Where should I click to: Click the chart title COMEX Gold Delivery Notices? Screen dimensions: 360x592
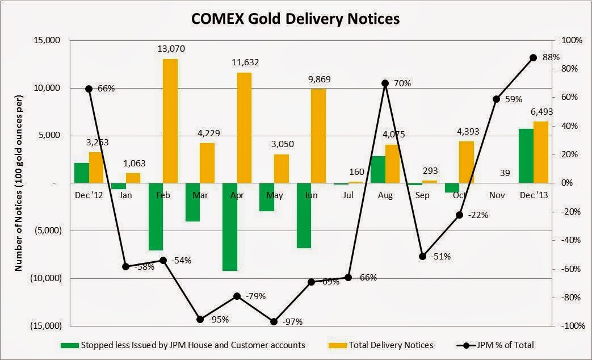click(295, 18)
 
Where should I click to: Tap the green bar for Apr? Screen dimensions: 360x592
click(230, 227)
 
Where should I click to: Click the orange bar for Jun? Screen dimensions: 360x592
click(318, 136)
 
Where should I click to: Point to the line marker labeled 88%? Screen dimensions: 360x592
click(533, 57)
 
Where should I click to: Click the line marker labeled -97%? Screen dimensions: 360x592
click(274, 321)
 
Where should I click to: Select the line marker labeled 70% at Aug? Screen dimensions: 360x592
click(385, 83)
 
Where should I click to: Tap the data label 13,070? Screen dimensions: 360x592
click(171, 49)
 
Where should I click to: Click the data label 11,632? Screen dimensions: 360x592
click(245, 62)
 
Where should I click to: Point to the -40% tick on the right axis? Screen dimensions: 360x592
click(569, 240)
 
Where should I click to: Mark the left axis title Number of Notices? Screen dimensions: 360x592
click(19, 183)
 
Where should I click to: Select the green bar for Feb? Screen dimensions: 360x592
click(156, 216)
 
